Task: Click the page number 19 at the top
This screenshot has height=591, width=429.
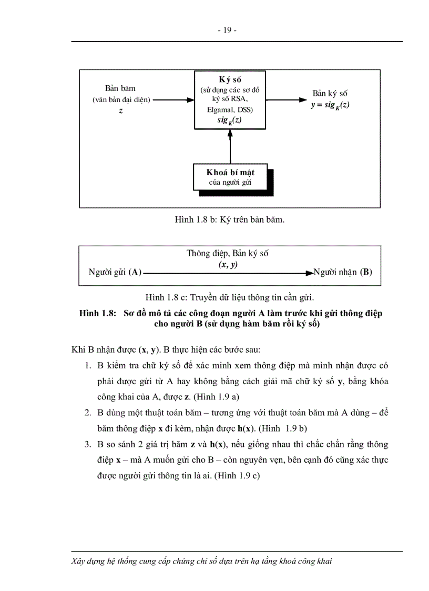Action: (227, 30)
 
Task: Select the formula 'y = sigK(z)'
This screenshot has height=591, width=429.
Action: (330, 105)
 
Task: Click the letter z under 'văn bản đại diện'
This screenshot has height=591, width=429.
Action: (121, 111)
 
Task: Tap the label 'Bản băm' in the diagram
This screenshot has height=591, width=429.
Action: (120, 88)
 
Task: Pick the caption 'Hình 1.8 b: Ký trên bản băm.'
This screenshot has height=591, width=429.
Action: (230, 220)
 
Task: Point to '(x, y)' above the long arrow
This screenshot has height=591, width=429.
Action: (228, 264)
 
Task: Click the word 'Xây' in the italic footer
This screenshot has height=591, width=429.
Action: (79, 561)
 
